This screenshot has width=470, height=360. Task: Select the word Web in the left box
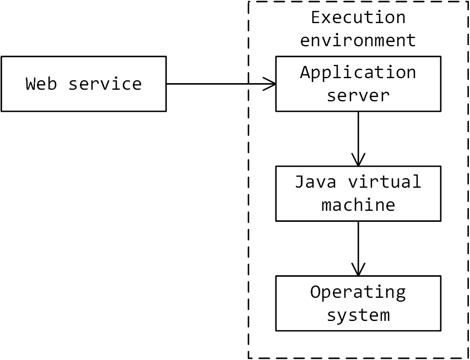tap(41, 84)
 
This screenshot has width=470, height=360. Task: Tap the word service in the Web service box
tap(105, 84)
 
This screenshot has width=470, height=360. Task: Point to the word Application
tap(358, 72)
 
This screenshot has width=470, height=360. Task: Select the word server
tap(358, 95)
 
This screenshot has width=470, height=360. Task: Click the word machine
tap(358, 205)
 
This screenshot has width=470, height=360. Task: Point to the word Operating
tap(358, 292)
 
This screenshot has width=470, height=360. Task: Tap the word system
tap(358, 315)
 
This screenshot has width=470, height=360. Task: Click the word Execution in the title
tap(358, 17)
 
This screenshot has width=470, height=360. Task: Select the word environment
tap(358, 40)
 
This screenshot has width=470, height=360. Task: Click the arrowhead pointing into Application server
tap(270, 84)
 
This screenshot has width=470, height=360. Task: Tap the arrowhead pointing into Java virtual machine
tap(358, 160)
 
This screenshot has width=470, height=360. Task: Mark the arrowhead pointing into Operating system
tap(358, 270)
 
